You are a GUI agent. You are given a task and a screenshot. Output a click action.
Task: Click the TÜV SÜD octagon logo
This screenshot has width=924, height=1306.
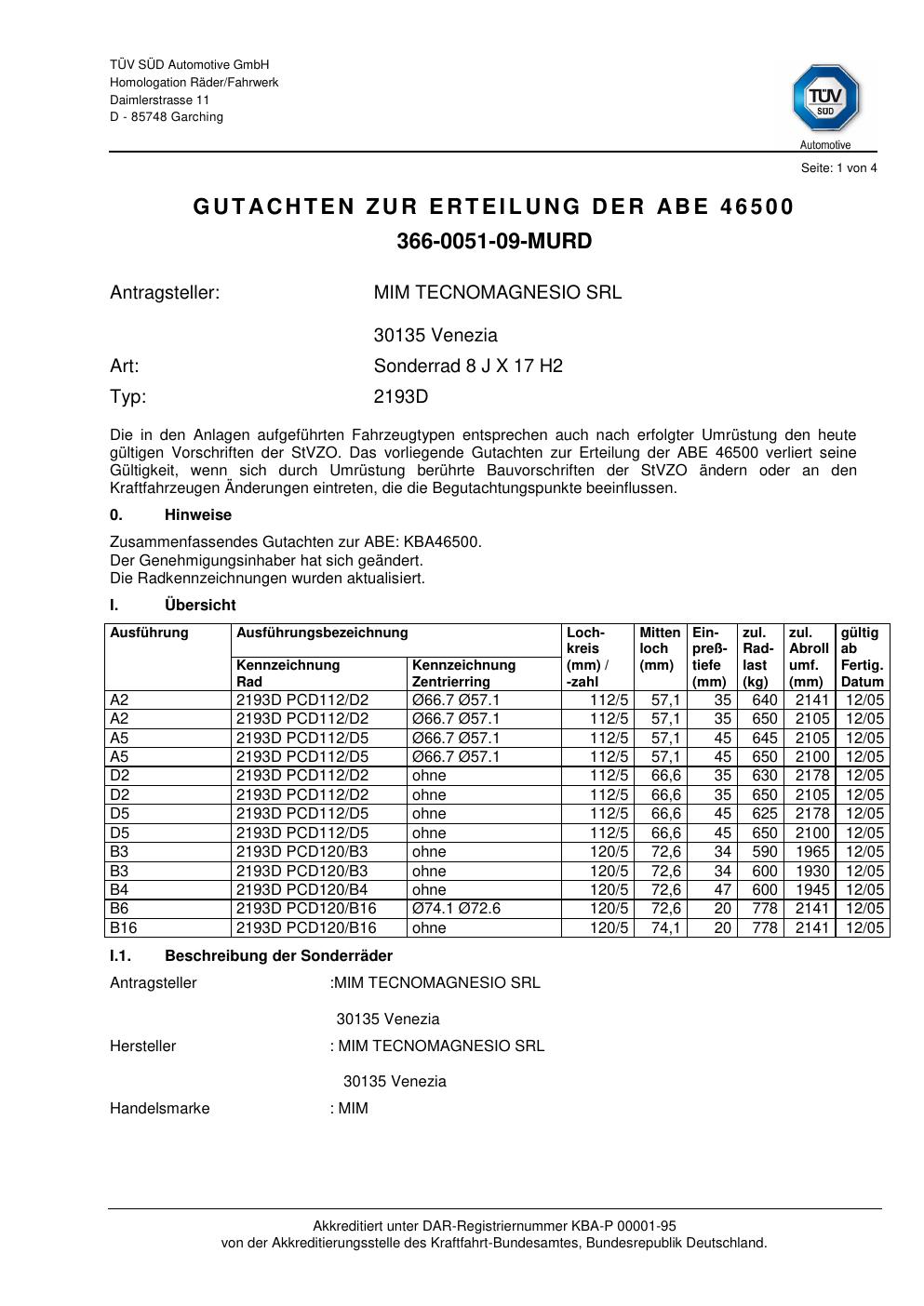[825, 99]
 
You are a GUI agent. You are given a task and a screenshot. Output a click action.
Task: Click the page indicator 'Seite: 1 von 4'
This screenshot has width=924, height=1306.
[838, 168]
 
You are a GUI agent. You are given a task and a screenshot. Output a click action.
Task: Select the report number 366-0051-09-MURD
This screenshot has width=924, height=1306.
[494, 242]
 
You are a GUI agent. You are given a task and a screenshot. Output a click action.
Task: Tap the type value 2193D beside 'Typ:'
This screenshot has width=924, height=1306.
[400, 397]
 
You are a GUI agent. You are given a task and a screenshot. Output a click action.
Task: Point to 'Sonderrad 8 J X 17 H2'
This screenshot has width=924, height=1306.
[468, 366]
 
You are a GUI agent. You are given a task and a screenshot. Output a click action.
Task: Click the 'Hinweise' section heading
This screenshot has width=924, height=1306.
[198, 515]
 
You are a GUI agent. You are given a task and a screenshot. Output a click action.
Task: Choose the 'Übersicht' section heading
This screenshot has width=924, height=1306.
[200, 606]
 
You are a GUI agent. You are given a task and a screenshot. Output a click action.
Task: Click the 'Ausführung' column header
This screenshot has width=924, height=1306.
[149, 633]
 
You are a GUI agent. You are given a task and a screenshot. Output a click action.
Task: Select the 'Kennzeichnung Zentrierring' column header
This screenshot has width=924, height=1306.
[463, 673]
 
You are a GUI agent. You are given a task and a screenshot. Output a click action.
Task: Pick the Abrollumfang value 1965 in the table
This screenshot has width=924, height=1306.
[812, 852]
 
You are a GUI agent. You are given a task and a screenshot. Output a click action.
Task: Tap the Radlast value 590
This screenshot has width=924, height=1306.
[764, 852]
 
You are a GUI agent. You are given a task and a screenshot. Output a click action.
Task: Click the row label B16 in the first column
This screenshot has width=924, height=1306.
[123, 928]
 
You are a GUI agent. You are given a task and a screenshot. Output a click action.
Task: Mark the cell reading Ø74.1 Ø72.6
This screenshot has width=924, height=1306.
[456, 909]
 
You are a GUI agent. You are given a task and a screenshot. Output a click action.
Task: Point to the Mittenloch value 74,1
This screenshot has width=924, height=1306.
[665, 928]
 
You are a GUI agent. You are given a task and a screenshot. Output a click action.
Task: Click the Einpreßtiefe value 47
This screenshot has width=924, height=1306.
[722, 890]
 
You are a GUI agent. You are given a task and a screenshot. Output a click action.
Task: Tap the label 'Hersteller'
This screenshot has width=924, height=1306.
[142, 1046]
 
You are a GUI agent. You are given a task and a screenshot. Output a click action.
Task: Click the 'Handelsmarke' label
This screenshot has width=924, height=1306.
[160, 1109]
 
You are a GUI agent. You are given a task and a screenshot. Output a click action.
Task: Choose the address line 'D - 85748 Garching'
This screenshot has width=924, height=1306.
[167, 117]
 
